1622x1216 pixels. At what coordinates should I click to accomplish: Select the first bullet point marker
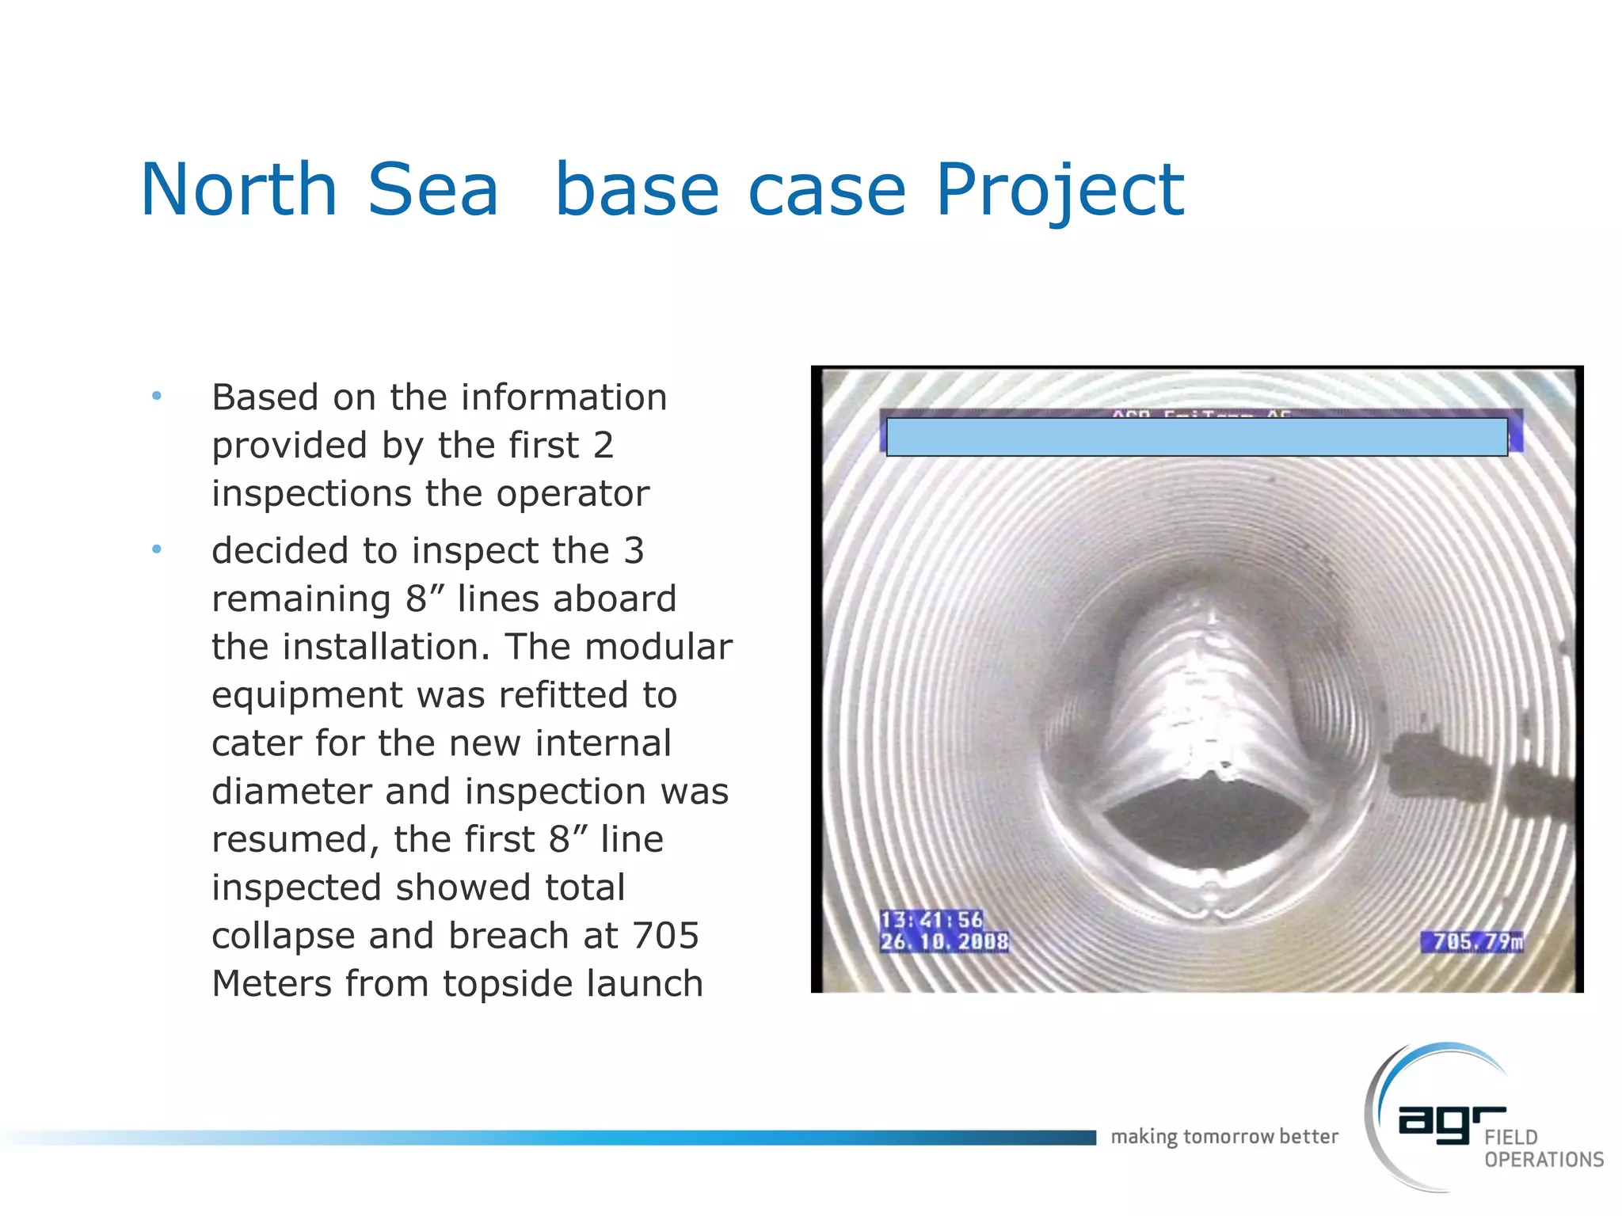coord(157,395)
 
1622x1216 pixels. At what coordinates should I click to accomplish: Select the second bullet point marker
coord(157,549)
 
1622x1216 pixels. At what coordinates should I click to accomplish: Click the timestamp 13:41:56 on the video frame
coord(931,919)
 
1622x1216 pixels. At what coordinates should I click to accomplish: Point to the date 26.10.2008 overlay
coord(944,941)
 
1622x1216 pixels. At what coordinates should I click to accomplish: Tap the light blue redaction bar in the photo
coord(1196,437)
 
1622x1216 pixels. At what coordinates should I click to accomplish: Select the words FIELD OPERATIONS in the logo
coord(1543,1149)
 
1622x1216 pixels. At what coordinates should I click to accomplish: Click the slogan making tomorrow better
coord(1224,1137)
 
